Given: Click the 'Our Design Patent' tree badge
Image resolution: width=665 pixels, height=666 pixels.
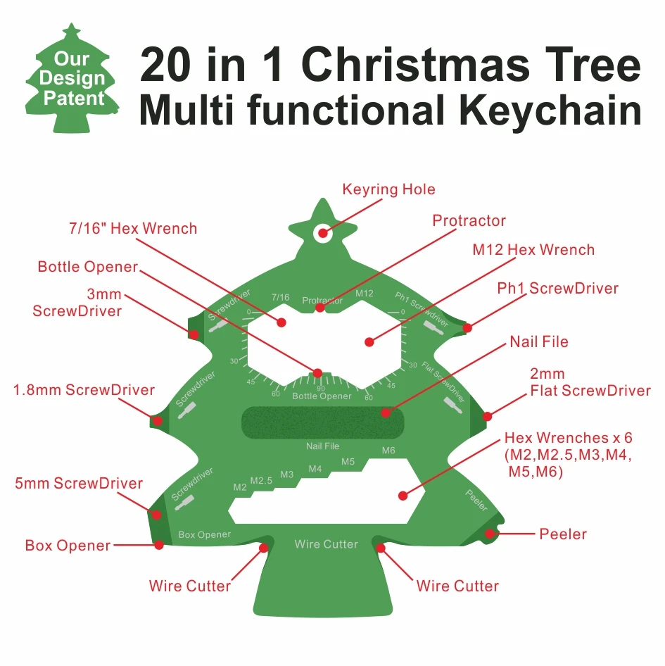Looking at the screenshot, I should coord(71,79).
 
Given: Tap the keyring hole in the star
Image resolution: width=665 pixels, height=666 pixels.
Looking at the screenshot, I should coord(323,232).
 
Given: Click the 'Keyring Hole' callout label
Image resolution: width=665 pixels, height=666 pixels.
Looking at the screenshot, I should coord(388,189).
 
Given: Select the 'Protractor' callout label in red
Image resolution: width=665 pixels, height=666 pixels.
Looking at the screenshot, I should coord(469,221).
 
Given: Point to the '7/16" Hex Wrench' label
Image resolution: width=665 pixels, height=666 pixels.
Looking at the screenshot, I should coord(133,228).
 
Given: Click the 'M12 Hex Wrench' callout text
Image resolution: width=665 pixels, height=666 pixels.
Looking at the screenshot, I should coord(533,250).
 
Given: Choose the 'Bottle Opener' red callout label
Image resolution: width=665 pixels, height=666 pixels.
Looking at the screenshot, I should coord(88,267).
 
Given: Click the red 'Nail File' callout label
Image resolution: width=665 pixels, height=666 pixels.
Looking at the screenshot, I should coord(539,342).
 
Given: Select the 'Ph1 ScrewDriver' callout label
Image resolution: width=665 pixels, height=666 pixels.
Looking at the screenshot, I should coord(557,289).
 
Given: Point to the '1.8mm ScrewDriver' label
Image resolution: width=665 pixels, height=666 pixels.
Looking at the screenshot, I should coord(84,390).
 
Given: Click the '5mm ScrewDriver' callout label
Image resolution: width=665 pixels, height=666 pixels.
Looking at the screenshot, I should coord(79,484).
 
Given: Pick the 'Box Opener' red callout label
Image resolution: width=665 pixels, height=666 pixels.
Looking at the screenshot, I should coord(68,546).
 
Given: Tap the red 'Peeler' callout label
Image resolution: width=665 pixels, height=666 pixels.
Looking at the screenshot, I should coord(563,534).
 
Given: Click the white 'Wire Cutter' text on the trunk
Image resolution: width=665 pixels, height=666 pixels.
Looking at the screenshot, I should coord(326,544).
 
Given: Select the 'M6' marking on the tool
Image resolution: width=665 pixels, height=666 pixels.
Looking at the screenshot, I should coord(389,451).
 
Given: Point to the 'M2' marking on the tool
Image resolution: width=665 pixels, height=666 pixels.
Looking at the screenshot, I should coord(240,486).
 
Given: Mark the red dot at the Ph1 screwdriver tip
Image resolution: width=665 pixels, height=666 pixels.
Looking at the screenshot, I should coord(467,327).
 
